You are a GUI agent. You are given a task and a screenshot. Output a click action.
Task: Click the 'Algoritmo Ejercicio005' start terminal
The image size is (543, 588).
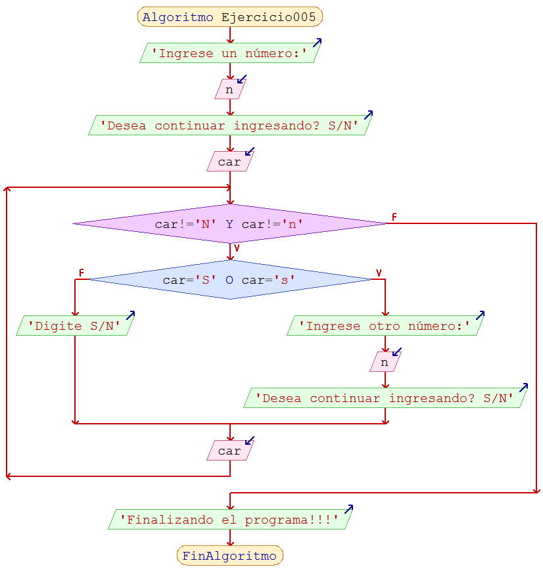coord(229,17)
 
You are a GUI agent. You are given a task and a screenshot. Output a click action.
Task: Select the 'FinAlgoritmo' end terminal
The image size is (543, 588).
coord(229,556)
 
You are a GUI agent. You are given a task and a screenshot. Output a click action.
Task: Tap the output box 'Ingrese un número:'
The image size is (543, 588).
coord(229,53)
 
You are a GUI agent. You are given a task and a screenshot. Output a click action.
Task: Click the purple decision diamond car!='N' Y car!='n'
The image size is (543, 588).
coord(229,224)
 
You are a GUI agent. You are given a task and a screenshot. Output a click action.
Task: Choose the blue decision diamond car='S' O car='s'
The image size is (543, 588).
coord(229,280)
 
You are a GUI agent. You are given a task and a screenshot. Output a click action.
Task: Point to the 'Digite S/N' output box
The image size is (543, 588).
coord(74,326)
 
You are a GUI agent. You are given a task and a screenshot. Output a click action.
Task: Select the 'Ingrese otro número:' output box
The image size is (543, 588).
coord(385,326)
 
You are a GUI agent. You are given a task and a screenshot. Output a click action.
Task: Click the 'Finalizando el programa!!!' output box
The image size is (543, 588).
coord(229,520)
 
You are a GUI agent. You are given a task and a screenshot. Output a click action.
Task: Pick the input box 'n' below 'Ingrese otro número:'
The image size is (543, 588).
coord(385,362)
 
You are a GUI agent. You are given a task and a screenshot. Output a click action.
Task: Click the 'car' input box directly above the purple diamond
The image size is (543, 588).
coord(229,162)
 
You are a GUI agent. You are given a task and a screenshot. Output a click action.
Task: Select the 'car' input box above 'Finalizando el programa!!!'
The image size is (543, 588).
coord(229,451)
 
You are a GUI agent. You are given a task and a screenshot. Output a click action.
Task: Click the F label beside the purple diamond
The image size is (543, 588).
coord(394,217)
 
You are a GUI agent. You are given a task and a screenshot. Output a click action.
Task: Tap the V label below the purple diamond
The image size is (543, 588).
coord(237,248)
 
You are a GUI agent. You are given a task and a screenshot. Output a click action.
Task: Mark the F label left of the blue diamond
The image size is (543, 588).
coord(82,273)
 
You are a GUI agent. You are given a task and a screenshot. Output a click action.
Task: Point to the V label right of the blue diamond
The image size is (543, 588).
coord(379,273)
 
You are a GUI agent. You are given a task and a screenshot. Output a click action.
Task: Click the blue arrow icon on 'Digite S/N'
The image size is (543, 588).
coord(130,315)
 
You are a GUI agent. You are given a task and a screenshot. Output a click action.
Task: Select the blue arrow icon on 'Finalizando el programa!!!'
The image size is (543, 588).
coord(348,509)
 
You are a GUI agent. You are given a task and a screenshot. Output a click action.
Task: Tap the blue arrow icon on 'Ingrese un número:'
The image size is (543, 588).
coord(317,43)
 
